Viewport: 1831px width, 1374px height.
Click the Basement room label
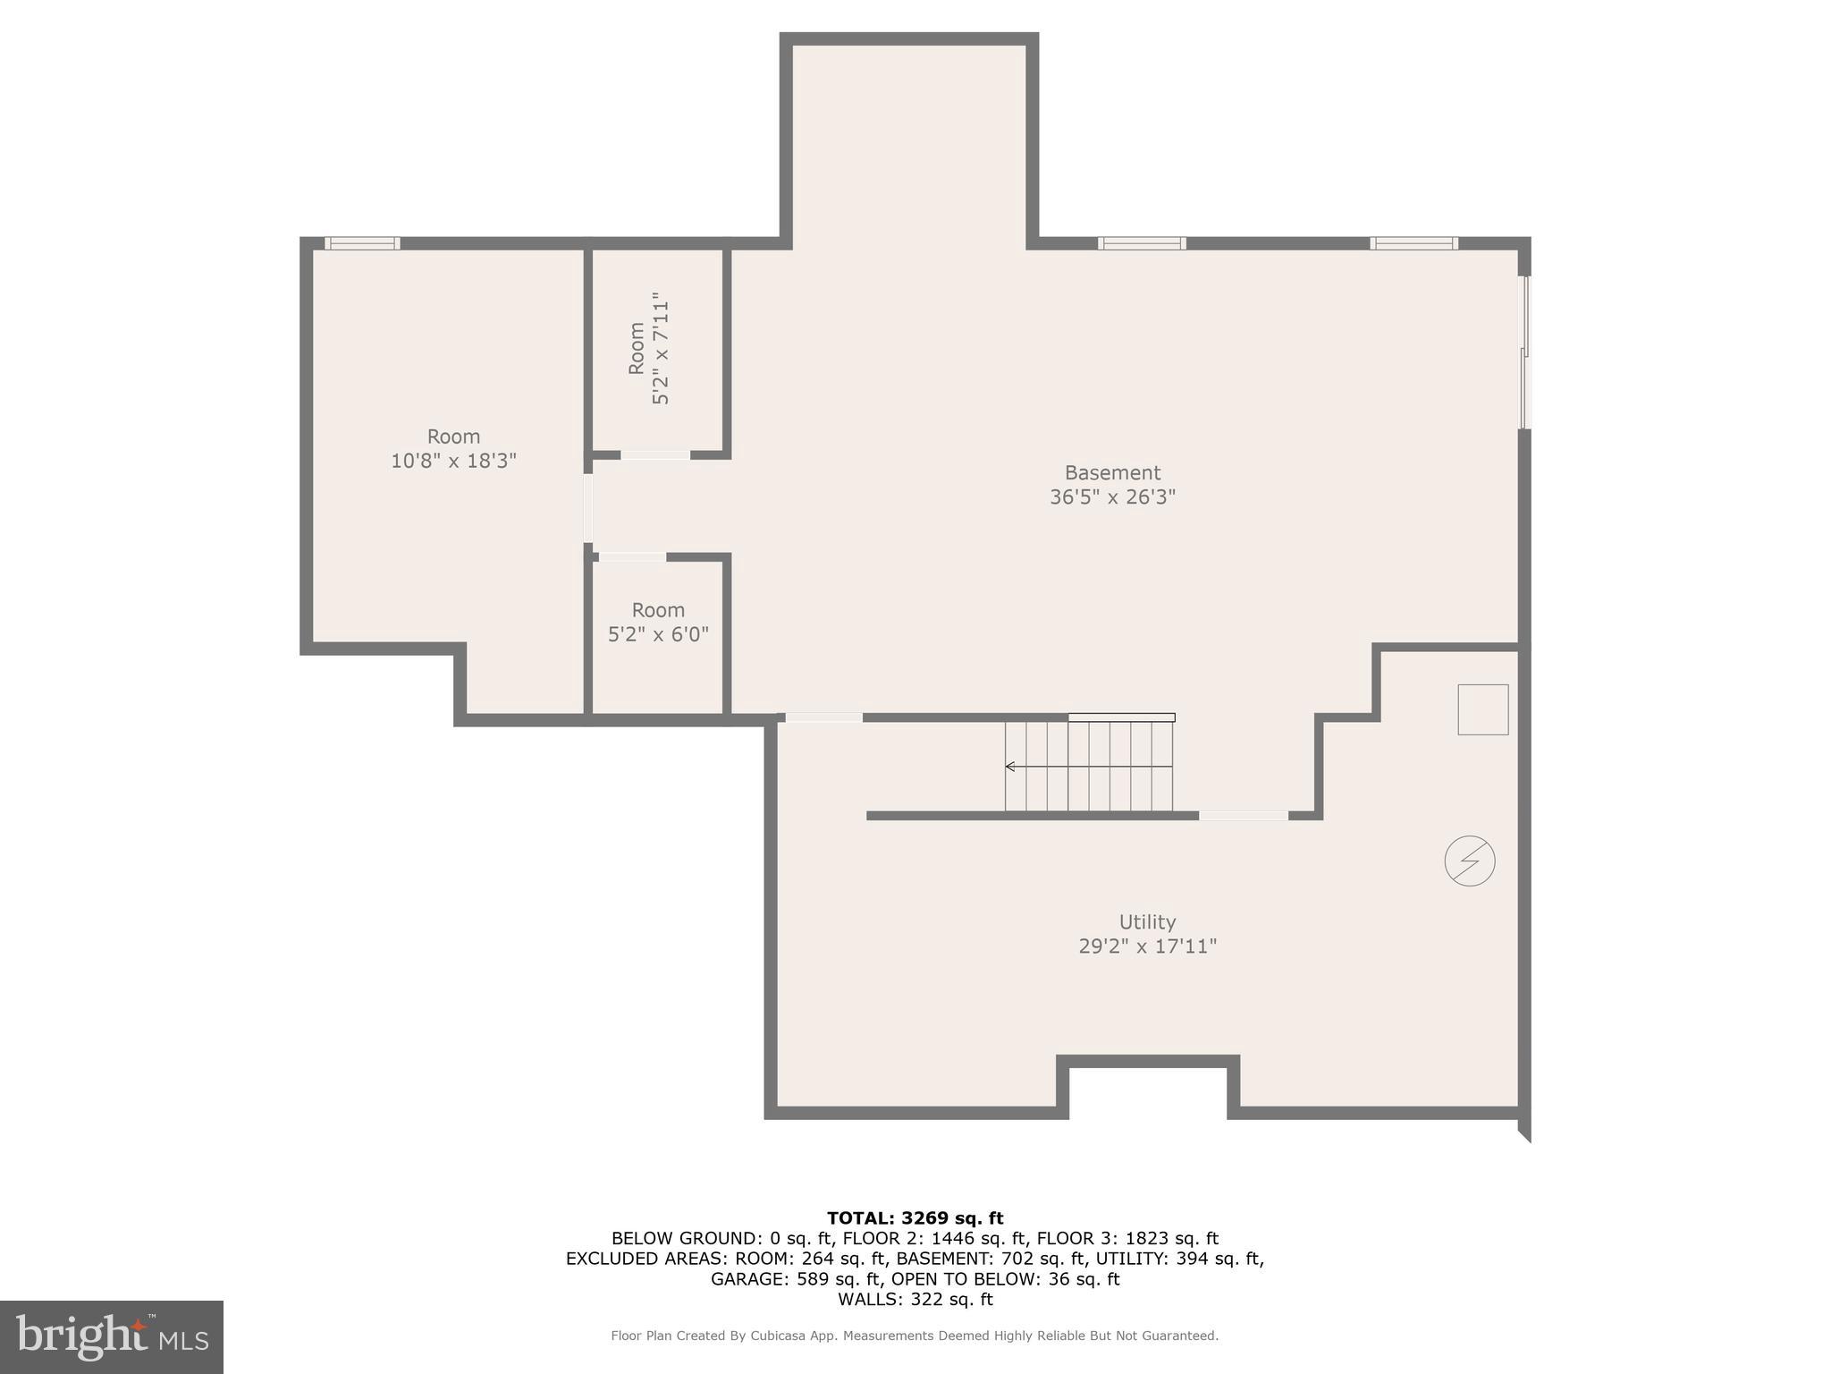point(1112,472)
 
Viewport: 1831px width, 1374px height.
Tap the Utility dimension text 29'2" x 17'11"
point(1147,946)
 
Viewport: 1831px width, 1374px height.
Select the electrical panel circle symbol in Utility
point(1470,861)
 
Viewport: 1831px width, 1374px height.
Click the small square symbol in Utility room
point(1482,709)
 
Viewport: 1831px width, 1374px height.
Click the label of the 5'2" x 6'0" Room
point(658,610)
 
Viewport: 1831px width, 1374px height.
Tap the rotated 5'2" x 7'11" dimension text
point(661,349)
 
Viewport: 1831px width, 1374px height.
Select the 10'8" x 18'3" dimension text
point(453,461)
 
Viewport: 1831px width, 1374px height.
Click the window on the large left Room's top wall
point(362,243)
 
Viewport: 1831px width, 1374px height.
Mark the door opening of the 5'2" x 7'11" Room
point(655,455)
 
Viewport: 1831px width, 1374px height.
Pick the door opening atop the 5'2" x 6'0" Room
point(632,557)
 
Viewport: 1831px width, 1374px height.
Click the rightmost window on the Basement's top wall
point(1413,243)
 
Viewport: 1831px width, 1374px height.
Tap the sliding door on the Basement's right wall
point(1525,352)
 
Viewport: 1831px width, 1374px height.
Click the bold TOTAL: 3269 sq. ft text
point(915,1217)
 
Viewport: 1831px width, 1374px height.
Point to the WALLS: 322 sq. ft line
point(915,1300)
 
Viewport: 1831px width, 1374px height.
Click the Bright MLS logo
point(112,1336)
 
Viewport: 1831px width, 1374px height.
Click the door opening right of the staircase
point(1243,816)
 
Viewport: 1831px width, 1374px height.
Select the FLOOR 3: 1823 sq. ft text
point(1127,1238)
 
